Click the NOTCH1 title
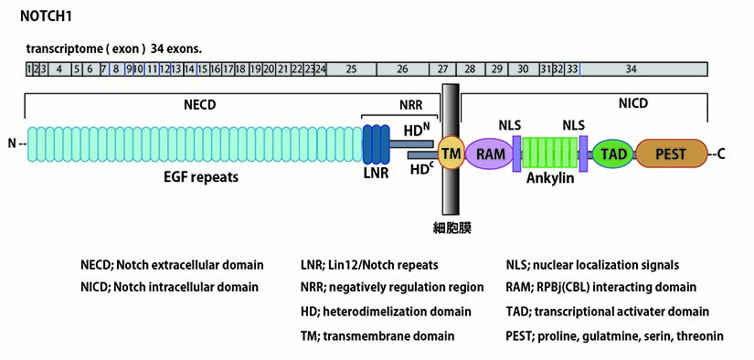(x=47, y=16)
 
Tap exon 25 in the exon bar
(x=352, y=69)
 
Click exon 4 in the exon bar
(x=59, y=69)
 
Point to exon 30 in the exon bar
(x=523, y=69)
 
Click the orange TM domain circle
(x=451, y=154)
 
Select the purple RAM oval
(x=491, y=154)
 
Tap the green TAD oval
(x=614, y=154)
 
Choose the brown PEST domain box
(x=672, y=154)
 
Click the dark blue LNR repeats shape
(x=376, y=144)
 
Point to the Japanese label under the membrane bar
(x=451, y=228)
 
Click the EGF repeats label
(x=201, y=177)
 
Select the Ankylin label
(x=550, y=178)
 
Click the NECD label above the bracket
(x=200, y=105)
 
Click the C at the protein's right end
(x=721, y=154)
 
